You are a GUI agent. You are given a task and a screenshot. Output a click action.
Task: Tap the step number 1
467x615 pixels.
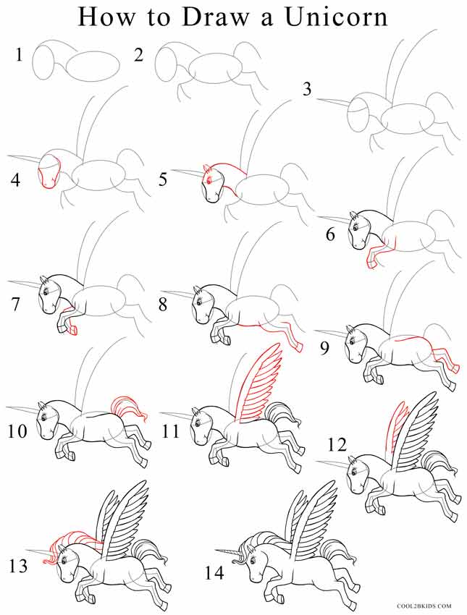(19, 55)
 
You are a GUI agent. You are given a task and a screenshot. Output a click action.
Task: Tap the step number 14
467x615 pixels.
(216, 572)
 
